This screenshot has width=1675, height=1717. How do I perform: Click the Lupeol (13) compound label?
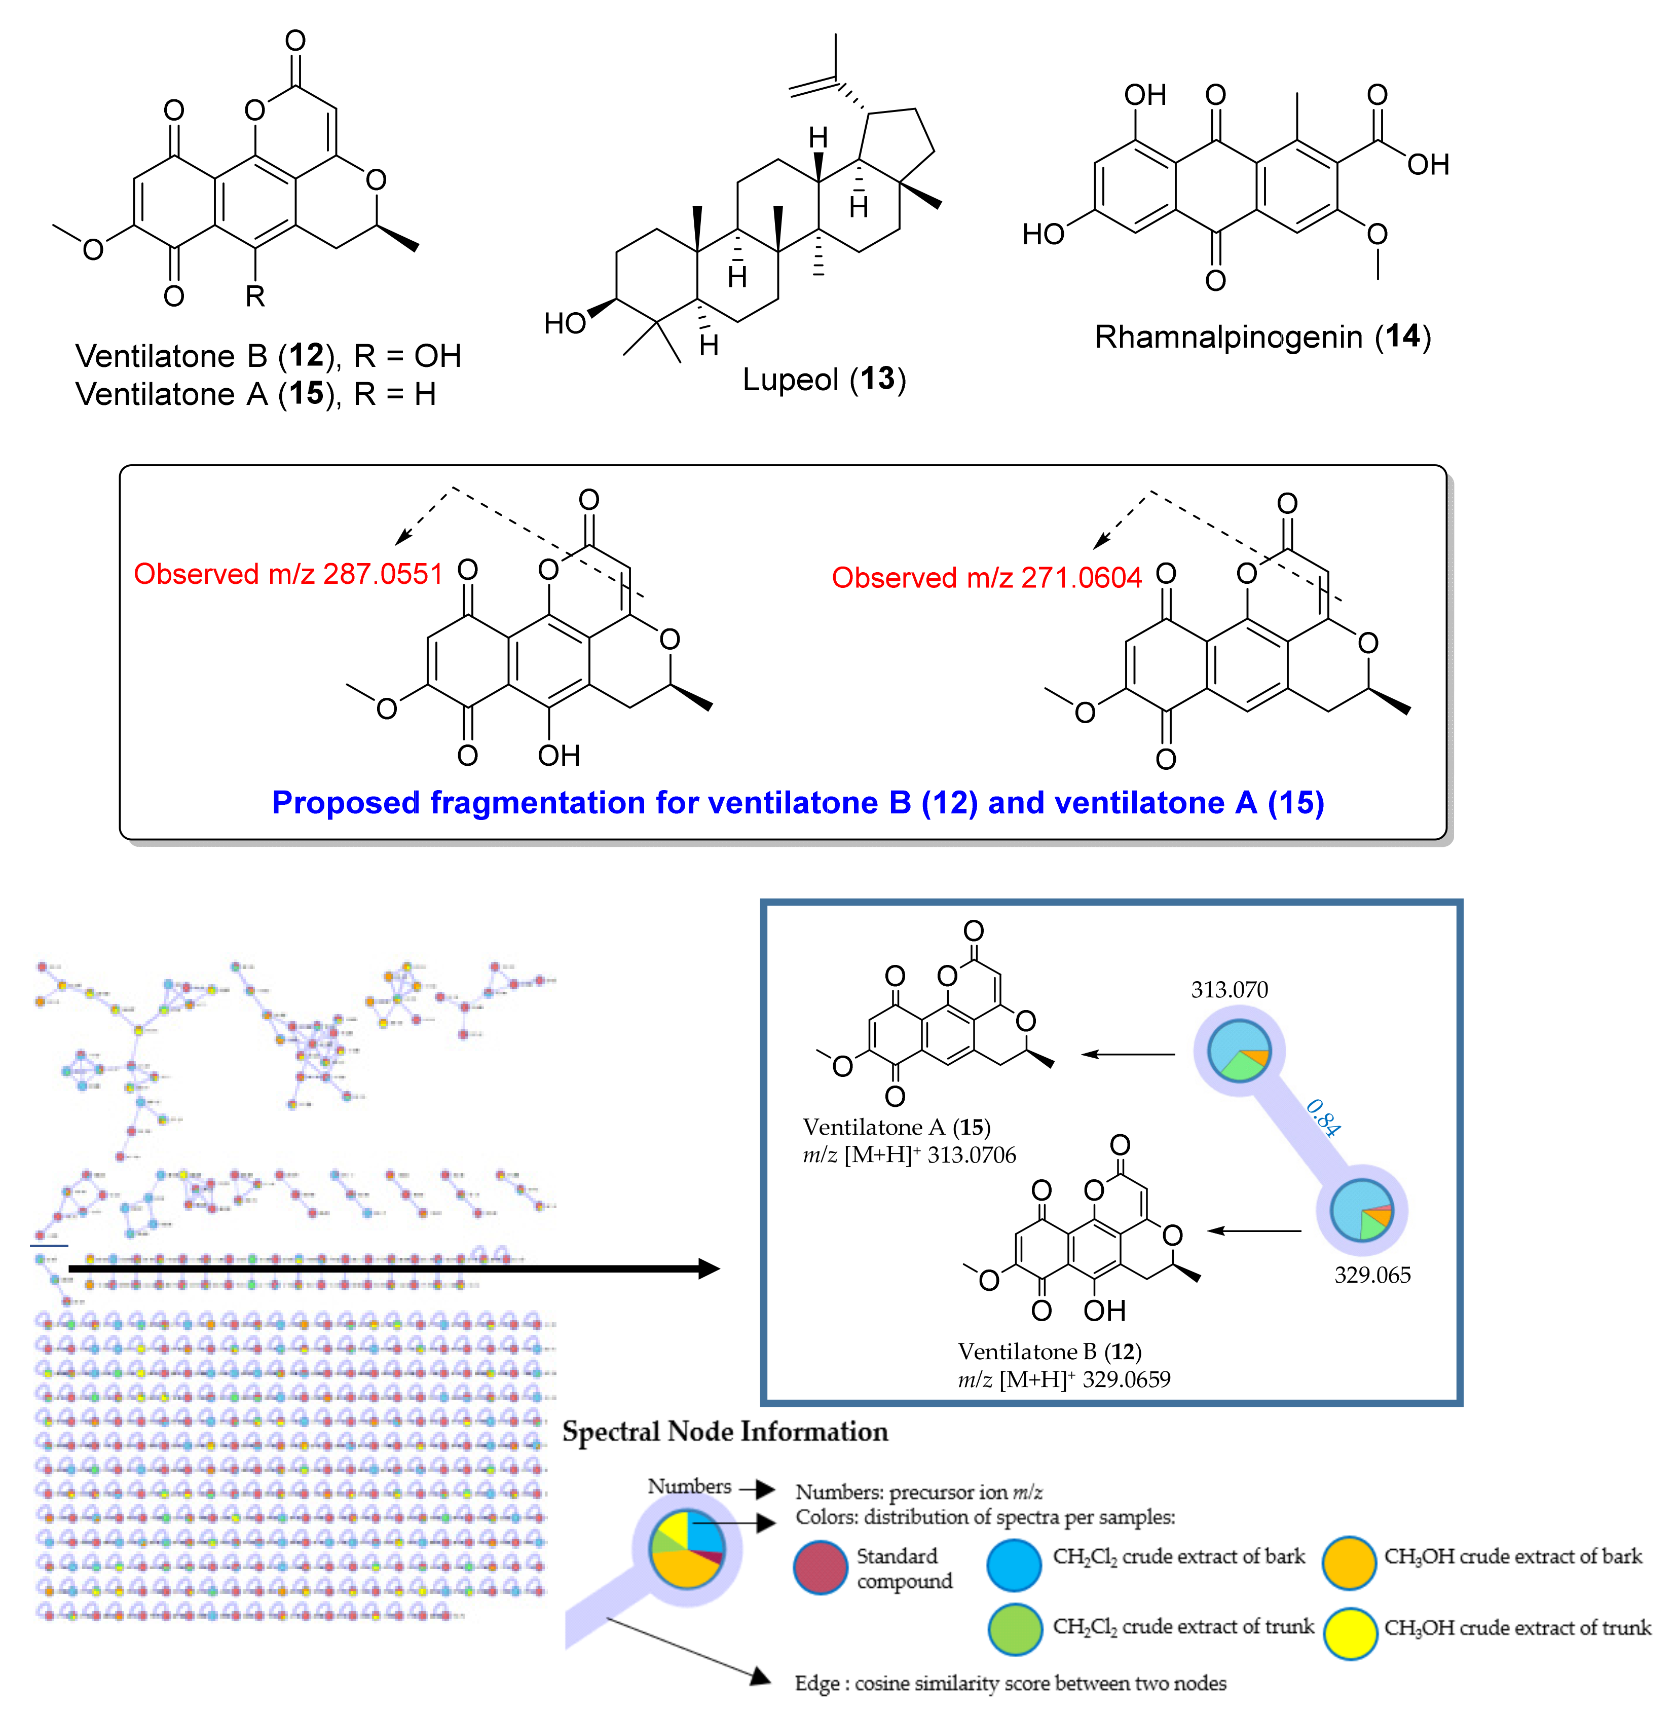[824, 379]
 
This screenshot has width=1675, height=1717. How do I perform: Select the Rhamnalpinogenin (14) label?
[1262, 337]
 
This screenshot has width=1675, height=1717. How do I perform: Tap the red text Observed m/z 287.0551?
[288, 574]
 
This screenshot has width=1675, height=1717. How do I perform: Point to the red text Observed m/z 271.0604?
[986, 578]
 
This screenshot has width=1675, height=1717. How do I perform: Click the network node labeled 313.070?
[1239, 1050]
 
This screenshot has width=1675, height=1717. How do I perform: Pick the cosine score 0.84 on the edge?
[1322, 1118]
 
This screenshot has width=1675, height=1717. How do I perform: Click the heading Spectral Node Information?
[725, 1431]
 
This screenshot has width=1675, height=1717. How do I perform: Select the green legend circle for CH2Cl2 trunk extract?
[1014, 1629]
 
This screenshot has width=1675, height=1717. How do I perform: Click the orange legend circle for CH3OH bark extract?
[1349, 1563]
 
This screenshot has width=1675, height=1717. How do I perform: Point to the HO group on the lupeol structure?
[565, 324]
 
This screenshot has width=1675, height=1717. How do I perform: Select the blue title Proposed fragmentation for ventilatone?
[797, 802]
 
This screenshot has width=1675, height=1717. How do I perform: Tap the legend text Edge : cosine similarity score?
[1010, 1683]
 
